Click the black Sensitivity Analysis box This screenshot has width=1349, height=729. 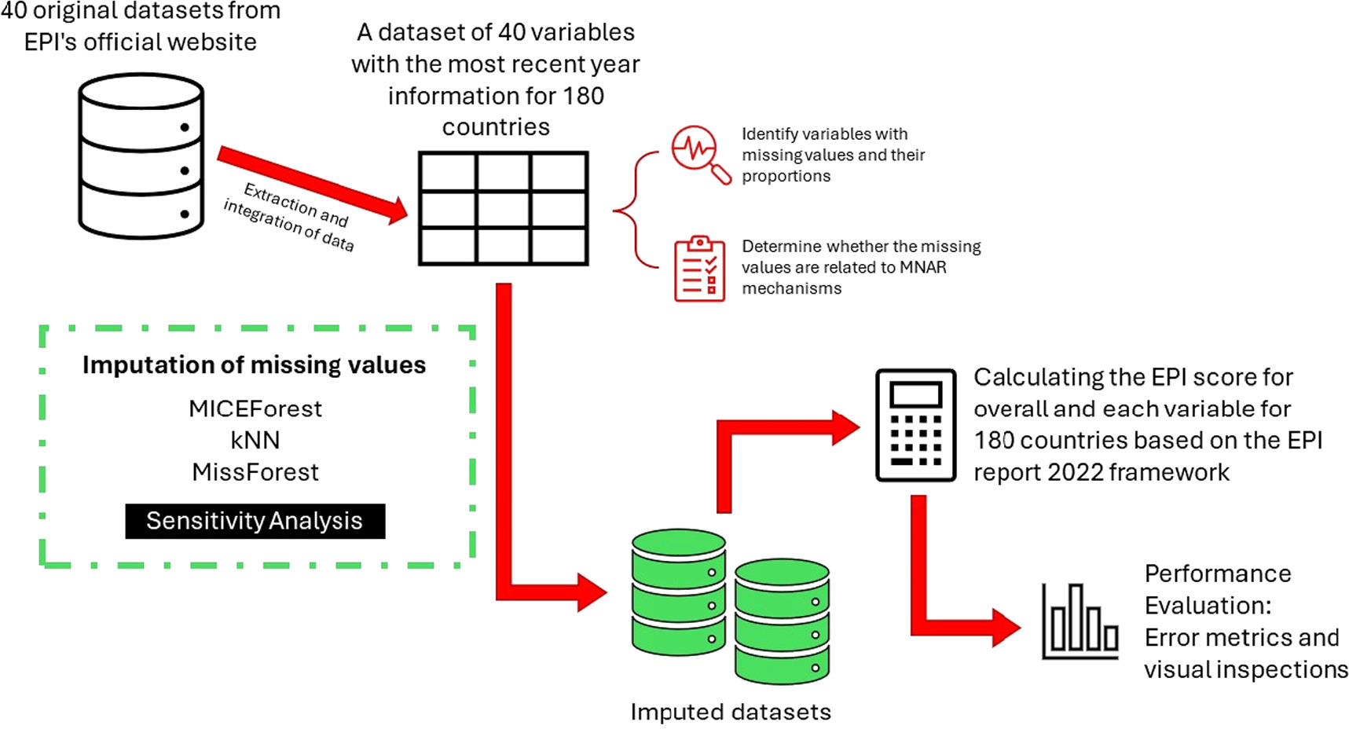coord(255,521)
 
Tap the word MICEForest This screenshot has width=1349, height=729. coord(255,408)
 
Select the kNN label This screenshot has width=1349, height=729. coord(255,440)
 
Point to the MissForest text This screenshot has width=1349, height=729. coord(255,472)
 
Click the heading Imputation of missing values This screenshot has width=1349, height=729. coord(254,364)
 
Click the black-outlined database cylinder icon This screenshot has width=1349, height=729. coord(141,156)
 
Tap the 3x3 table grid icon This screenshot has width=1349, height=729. coord(503,208)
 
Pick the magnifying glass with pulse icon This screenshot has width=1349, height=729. coord(699,153)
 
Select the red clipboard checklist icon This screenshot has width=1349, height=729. coord(699,269)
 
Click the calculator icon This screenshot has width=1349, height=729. coord(915,424)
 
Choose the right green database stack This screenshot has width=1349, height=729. coord(782,621)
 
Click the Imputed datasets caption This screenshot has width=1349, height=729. coord(731,712)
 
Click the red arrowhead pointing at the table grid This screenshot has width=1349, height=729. coord(397,211)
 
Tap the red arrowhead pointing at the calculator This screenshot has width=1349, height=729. coord(846,428)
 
